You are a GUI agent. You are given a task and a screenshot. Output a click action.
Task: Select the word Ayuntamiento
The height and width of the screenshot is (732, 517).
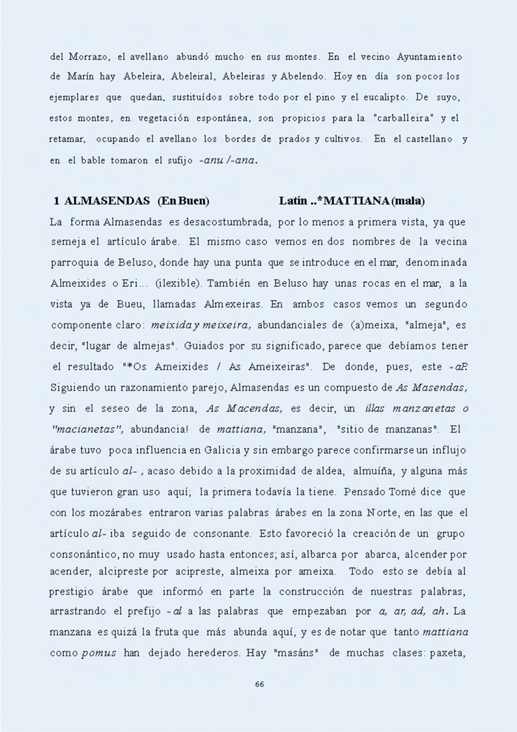432,57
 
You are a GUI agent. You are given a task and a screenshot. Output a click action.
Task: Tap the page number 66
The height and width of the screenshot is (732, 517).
259,684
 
